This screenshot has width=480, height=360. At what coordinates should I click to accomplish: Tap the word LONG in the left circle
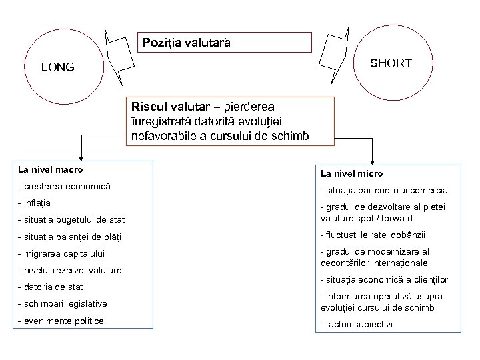[x=58, y=67]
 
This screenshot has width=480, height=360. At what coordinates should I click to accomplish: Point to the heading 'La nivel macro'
[x=51, y=170]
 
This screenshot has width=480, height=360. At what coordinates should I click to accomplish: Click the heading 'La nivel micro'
[x=351, y=173]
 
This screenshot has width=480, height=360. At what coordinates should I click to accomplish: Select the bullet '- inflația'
[x=37, y=202]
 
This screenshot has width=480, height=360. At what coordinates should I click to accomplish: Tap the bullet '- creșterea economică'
[x=64, y=186]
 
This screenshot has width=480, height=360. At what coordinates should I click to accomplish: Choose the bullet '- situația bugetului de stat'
[x=72, y=219]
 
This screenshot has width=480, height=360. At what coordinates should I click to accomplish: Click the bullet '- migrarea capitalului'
[x=63, y=253]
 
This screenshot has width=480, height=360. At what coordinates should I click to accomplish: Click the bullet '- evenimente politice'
[x=63, y=321]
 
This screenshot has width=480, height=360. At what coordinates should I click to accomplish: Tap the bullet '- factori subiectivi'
[x=357, y=325]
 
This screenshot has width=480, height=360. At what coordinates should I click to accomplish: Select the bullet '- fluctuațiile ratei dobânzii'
[x=373, y=235]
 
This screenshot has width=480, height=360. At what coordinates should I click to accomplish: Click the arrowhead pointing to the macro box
[x=81, y=156]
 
